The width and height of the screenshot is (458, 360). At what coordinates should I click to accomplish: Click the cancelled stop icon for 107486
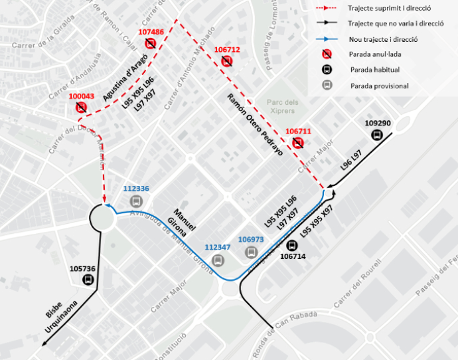[x=151, y=44]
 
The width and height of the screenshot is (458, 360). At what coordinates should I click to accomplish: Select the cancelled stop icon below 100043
[x=81, y=108]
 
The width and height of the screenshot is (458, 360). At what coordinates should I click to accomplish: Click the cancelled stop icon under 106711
[x=298, y=143]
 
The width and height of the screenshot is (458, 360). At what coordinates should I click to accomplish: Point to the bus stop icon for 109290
[x=377, y=135]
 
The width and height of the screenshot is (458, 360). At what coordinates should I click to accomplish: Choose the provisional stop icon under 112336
[x=135, y=201]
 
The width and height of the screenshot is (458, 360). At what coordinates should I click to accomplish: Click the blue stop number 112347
[x=217, y=247]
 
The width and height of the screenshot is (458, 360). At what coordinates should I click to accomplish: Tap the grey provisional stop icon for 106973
[x=251, y=252]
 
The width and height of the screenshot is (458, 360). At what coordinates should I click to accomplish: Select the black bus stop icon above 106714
[x=291, y=244]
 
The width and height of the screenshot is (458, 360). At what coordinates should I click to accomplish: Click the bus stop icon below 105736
[x=88, y=280]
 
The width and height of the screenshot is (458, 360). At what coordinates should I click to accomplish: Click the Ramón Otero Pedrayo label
[x=256, y=125]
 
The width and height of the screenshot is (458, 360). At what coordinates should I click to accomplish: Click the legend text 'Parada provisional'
[x=379, y=86]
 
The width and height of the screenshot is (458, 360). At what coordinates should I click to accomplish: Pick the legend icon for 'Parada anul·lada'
[x=327, y=54]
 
